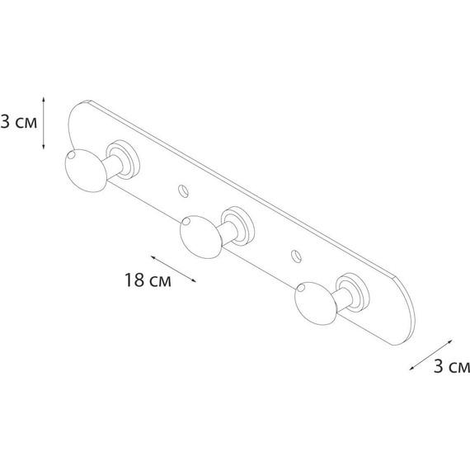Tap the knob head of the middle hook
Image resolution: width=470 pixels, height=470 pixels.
[x=199, y=237]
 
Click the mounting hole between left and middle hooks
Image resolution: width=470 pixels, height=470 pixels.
[x=184, y=190]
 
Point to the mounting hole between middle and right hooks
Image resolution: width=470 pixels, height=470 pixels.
[x=296, y=255]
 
